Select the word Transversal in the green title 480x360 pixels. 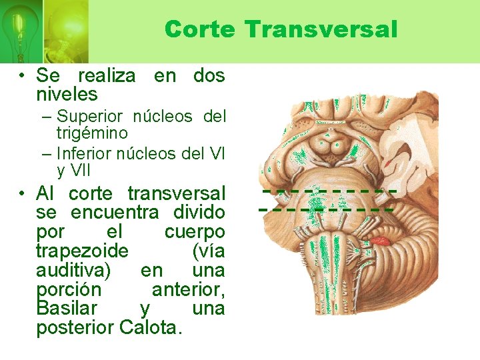tap(321, 29)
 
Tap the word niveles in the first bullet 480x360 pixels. tap(67, 94)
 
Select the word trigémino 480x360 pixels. tap(92, 133)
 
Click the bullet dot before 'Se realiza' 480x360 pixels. tap(23, 75)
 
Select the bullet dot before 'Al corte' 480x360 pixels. tap(23, 194)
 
